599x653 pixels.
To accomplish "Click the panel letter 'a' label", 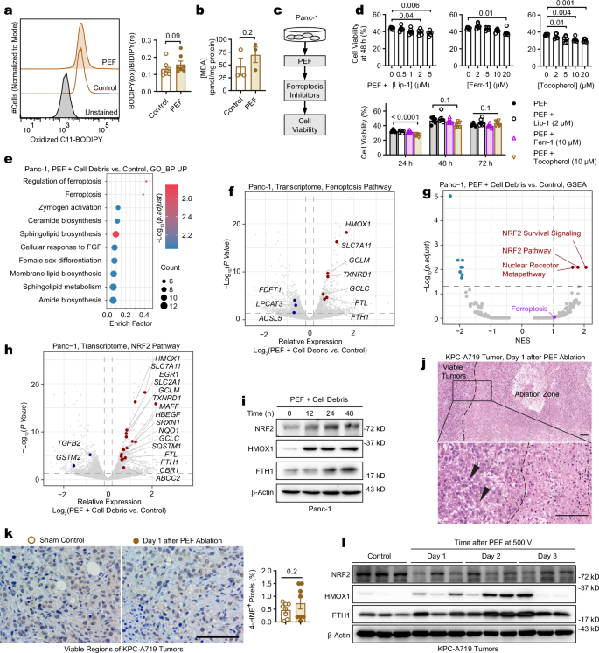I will click(6, 9).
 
